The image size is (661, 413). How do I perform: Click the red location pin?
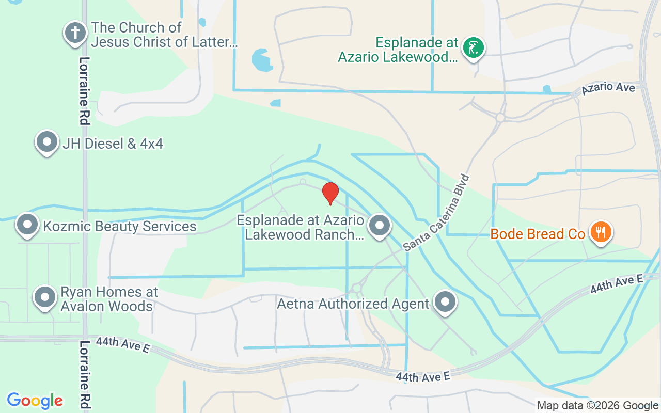click(x=330, y=193)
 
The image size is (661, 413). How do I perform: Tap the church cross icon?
click(x=75, y=33)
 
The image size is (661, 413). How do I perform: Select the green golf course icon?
click(x=473, y=48)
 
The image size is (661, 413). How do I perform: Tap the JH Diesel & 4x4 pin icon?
click(x=47, y=141)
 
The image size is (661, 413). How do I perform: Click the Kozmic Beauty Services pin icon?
click(x=27, y=224)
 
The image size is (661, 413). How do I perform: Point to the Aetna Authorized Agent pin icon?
click(x=445, y=302)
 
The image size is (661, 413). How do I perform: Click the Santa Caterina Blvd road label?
click(x=437, y=213)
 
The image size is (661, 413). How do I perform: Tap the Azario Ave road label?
click(x=608, y=88)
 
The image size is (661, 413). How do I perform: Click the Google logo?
click(x=35, y=400)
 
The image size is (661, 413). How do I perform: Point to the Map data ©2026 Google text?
click(x=597, y=406)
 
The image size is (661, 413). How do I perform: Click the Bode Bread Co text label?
click(x=537, y=234)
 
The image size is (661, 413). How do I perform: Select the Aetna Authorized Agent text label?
click(x=353, y=304)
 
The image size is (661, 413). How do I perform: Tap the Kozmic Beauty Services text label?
click(x=120, y=226)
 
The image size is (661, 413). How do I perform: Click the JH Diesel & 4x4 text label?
click(x=113, y=143)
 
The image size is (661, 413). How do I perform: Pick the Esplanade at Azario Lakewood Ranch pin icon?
click(x=380, y=226)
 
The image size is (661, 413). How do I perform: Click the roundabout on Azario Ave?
click(x=500, y=118)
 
